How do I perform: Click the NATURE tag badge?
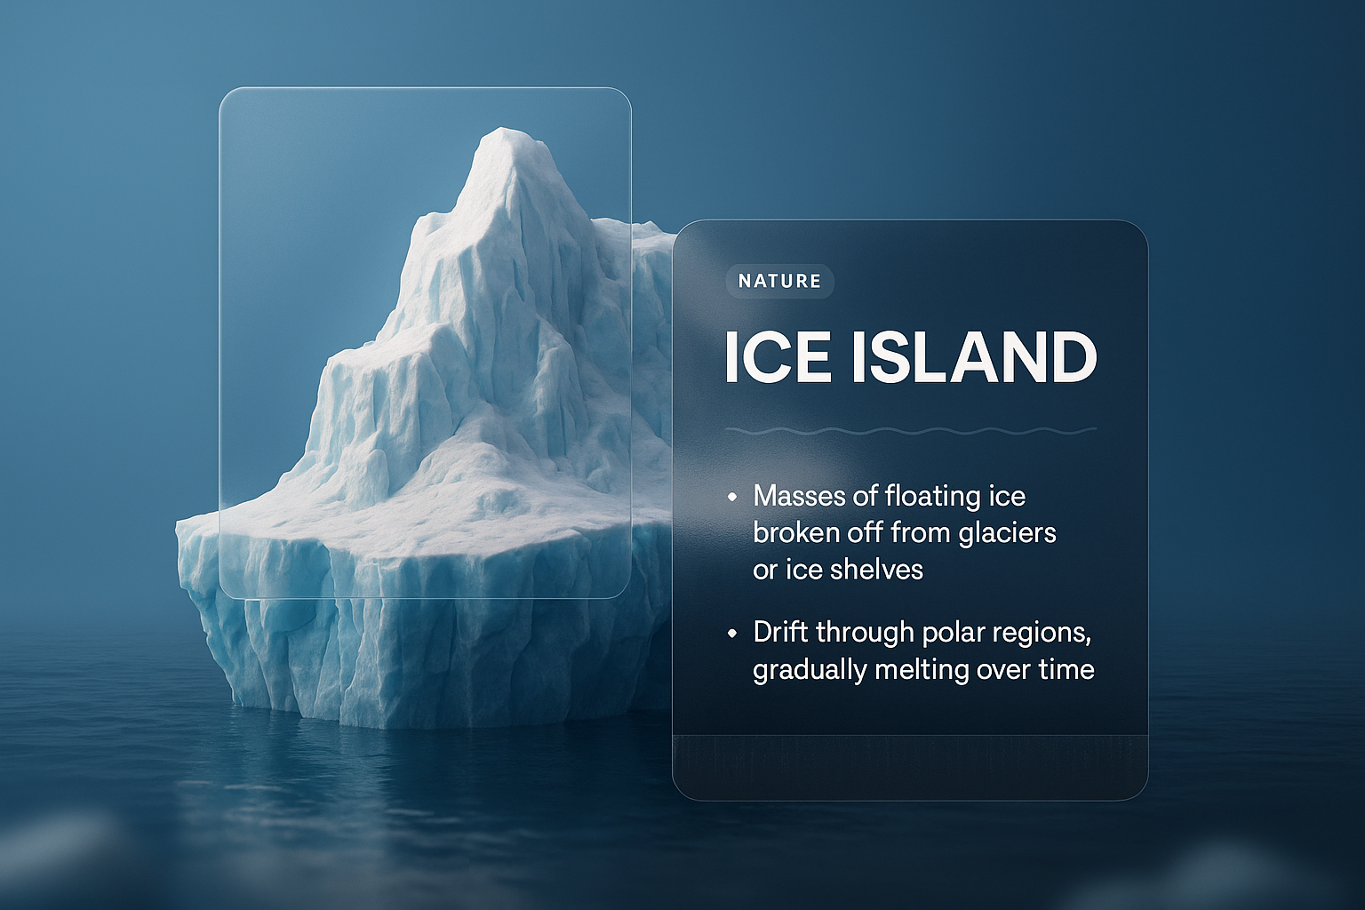[779, 281]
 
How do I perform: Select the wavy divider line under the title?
[910, 431]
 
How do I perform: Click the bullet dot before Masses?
[732, 497]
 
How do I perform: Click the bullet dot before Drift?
[732, 633]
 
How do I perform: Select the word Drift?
[780, 632]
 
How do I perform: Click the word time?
[1066, 669]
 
